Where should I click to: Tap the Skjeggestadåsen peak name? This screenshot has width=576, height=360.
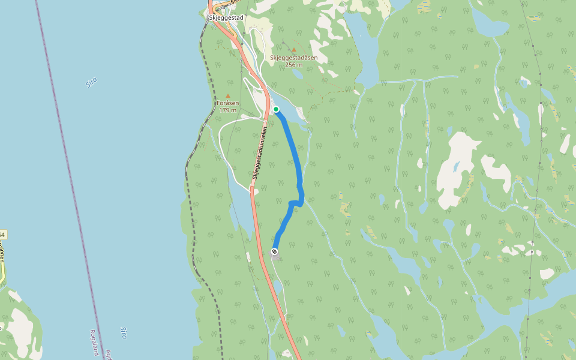298,58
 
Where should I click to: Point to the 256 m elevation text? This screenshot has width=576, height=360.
298,65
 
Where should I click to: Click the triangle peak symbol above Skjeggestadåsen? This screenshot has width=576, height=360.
294,50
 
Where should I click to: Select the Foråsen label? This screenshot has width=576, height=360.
228,103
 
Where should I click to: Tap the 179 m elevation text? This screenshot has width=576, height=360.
227,110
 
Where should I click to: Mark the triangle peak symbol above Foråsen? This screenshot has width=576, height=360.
228,96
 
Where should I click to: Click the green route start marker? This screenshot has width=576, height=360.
276,109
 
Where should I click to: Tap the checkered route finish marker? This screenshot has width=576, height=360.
274,251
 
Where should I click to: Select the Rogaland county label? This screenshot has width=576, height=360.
94,342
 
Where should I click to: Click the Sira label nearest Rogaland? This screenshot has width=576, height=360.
124,333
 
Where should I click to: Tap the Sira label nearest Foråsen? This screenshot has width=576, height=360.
91,82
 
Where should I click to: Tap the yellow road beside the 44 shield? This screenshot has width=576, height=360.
2,264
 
